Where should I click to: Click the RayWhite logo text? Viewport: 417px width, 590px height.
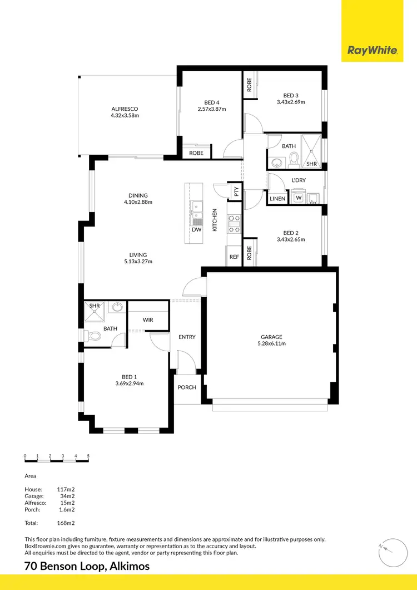pyautogui.click(x=373, y=51)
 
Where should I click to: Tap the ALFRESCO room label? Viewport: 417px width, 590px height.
pyautogui.click(x=125, y=109)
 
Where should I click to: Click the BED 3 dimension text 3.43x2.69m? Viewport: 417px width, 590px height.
pyautogui.click(x=291, y=102)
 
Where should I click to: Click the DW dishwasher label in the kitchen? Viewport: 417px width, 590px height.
pyautogui.click(x=196, y=229)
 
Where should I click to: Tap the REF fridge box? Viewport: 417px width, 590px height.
pyautogui.click(x=234, y=257)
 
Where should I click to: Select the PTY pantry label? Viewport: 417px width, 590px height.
pyautogui.click(x=236, y=191)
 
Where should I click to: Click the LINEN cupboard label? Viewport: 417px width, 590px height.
pyautogui.click(x=277, y=199)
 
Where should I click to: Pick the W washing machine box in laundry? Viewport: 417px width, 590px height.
pyautogui.click(x=299, y=198)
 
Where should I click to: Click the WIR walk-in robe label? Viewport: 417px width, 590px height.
pyautogui.click(x=148, y=319)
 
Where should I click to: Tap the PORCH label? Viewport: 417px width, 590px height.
pyautogui.click(x=187, y=387)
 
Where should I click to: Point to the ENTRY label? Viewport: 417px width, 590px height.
pyautogui.click(x=187, y=337)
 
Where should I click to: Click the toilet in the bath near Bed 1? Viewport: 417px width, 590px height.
pyautogui.click(x=94, y=336)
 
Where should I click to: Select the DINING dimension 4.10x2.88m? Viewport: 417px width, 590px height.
pyautogui.click(x=138, y=203)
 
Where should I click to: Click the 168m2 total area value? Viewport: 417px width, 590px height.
pyautogui.click(x=66, y=523)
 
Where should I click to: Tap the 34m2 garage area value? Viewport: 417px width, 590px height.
pyautogui.click(x=68, y=495)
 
